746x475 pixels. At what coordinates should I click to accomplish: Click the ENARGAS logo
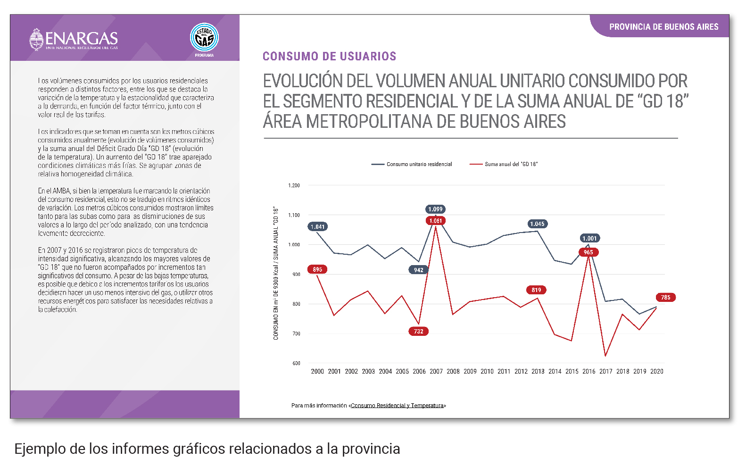(74, 39)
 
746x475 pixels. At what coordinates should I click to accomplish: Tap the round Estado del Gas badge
(204, 37)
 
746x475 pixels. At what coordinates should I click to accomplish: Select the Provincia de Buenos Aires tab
(663, 27)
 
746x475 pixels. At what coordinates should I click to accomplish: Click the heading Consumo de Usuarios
(329, 57)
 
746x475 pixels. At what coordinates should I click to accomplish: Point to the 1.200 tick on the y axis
(294, 185)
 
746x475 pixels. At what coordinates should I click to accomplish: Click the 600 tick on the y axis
(296, 363)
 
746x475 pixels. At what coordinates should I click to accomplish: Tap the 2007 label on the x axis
(436, 372)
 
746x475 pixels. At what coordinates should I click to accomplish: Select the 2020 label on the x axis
(656, 372)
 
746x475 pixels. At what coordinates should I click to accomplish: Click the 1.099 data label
(435, 209)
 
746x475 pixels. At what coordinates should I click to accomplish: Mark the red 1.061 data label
(435, 221)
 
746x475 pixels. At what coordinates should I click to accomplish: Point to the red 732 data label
(418, 332)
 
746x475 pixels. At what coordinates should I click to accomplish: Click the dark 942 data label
(418, 270)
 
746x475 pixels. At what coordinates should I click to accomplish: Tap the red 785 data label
(665, 298)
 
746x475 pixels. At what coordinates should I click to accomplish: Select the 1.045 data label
(537, 224)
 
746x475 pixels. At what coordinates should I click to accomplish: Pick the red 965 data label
(588, 252)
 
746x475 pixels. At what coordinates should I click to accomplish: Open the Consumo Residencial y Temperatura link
(397, 406)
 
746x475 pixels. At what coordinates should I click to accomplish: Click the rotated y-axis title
(276, 273)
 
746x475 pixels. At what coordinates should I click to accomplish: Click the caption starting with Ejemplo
(207, 449)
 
